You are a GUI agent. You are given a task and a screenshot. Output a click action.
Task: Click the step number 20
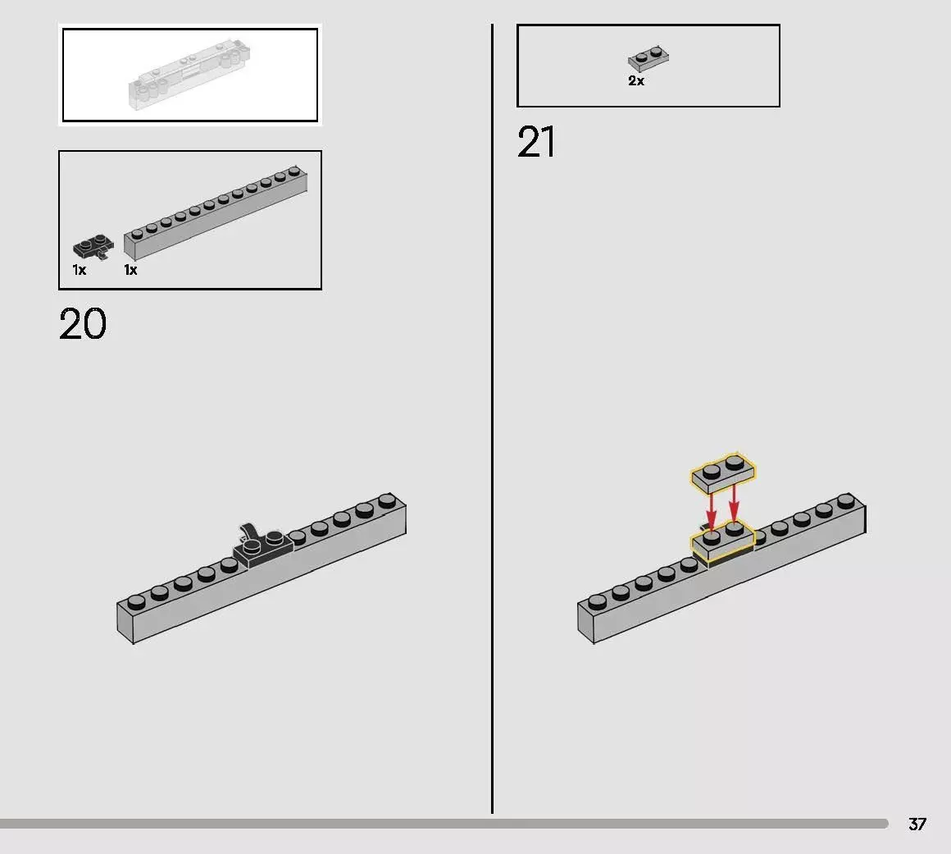(x=83, y=324)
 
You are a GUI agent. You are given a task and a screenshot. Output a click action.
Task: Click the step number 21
(x=536, y=142)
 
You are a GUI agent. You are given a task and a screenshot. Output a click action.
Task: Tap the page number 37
(x=917, y=824)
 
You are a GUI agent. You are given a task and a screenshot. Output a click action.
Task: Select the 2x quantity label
(x=636, y=80)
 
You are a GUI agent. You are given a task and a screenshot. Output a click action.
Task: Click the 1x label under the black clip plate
(x=80, y=270)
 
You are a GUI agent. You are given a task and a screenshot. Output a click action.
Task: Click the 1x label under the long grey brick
(x=131, y=270)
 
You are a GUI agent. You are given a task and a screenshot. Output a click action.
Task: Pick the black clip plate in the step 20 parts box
(x=93, y=246)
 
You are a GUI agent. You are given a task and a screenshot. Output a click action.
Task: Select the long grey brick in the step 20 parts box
(x=216, y=212)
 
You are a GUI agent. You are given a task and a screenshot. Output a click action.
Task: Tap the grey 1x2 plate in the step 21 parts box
(x=648, y=59)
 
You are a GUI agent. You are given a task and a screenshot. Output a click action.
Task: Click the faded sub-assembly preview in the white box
(x=189, y=75)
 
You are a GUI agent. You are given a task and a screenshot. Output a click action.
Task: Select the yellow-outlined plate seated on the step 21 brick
(x=722, y=541)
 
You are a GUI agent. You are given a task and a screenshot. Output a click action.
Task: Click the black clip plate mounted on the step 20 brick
(x=263, y=548)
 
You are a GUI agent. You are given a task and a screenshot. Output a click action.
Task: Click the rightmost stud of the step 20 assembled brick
(x=387, y=500)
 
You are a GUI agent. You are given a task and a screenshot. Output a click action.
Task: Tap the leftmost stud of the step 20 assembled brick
(x=136, y=601)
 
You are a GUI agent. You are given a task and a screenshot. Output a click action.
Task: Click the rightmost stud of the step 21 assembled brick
(x=846, y=500)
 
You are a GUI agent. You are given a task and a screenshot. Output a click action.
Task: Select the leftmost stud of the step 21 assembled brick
(x=597, y=601)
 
